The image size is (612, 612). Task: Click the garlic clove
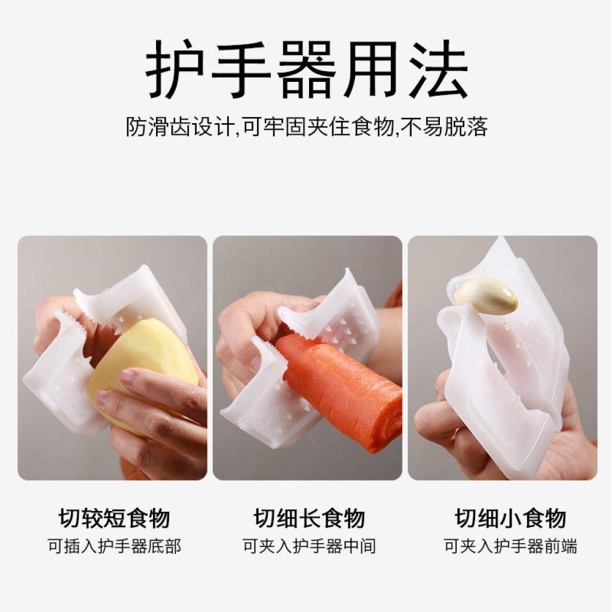[x=487, y=295]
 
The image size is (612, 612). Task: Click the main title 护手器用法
[x=307, y=69]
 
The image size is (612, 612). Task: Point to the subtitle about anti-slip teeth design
[x=307, y=127]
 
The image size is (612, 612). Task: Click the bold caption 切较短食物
[x=114, y=518]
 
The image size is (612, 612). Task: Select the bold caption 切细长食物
[x=310, y=518]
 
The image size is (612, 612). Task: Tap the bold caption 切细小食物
[x=510, y=518]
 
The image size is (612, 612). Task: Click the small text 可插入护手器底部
[x=114, y=546]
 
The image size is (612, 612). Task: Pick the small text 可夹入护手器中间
[x=310, y=546]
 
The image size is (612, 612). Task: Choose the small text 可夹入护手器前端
[x=510, y=546]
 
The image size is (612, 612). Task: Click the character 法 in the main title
[x=438, y=69]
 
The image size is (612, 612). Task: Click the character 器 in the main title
[x=307, y=69]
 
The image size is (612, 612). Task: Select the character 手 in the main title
[x=241, y=69]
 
